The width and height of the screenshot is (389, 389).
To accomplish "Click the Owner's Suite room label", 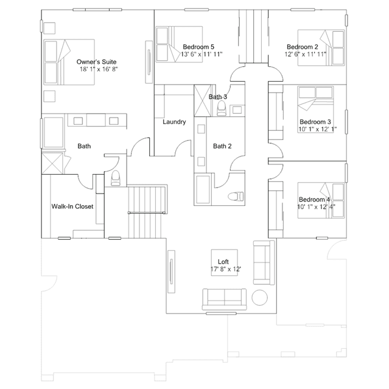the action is pyautogui.click(x=96, y=61).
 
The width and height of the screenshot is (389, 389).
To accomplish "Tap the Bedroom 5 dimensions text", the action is pyautogui.click(x=202, y=54).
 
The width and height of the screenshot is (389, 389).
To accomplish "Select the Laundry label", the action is pyautogui.click(x=174, y=122).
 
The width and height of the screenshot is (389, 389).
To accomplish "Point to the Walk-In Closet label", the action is pyautogui.click(x=72, y=206).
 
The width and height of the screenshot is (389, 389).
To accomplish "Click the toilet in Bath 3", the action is pyautogui.click(x=222, y=108).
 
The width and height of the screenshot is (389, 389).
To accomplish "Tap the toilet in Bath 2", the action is pyautogui.click(x=236, y=197).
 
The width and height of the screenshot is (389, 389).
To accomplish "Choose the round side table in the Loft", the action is pyautogui.click(x=260, y=298).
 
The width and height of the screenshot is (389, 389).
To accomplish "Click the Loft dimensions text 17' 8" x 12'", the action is pyautogui.click(x=226, y=269).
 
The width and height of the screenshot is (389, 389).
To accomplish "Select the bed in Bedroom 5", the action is pyautogui.click(x=179, y=44).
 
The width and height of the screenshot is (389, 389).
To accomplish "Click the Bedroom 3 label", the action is pyautogui.click(x=315, y=122).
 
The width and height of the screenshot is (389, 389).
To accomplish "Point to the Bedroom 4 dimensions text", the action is pyautogui.click(x=316, y=206).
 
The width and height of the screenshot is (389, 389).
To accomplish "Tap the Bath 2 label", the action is pyautogui.click(x=222, y=146).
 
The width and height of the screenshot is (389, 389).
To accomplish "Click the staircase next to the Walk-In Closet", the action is pyautogui.click(x=147, y=211).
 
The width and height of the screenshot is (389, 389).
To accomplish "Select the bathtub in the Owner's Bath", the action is pyautogui.click(x=54, y=133).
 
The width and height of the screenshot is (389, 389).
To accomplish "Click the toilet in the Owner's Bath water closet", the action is pyautogui.click(x=115, y=178).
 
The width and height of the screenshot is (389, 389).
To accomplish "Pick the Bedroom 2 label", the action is pyautogui.click(x=303, y=47).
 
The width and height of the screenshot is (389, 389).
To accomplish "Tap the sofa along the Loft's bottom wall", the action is pyautogui.click(x=225, y=299).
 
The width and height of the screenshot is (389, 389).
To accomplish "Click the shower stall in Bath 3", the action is pyautogui.click(x=203, y=100).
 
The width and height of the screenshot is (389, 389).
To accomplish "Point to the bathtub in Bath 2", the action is pyautogui.click(x=203, y=189).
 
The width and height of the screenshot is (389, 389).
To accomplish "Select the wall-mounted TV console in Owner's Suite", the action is pyautogui.click(x=149, y=62).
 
